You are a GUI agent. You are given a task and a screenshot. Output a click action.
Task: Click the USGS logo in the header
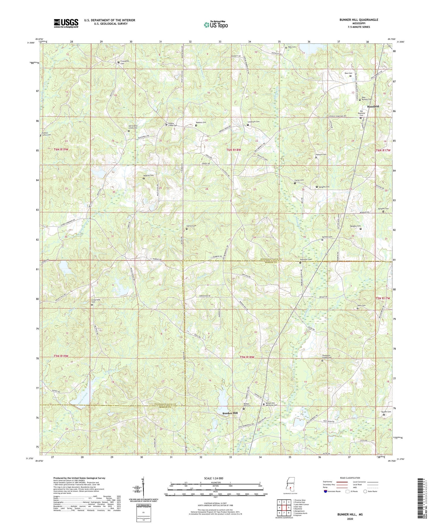click(x=66, y=23)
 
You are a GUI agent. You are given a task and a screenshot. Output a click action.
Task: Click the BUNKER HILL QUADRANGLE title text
click(x=355, y=20)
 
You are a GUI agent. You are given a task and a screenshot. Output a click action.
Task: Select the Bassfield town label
click(x=373, y=107)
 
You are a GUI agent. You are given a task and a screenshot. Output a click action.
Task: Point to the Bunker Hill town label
click(x=231, y=413)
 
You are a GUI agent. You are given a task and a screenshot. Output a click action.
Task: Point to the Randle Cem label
click(x=386, y=412)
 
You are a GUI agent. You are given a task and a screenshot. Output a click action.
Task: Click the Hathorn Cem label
click(x=321, y=154)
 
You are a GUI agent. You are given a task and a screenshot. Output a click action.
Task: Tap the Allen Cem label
click(x=362, y=305)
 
